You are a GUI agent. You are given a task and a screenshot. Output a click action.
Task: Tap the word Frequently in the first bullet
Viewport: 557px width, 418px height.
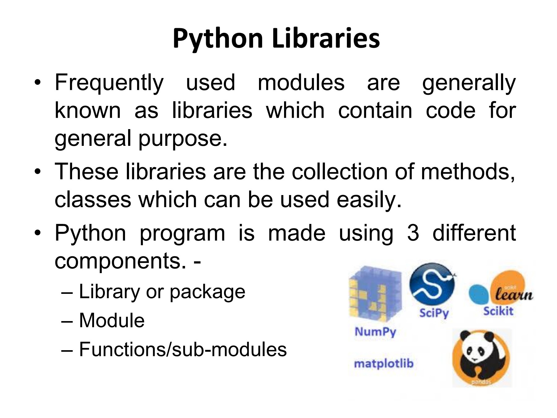point(109,83)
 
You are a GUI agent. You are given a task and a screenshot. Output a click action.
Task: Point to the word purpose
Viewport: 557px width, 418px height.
point(183,139)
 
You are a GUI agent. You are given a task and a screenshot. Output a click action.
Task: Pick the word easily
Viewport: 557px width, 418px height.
point(369,200)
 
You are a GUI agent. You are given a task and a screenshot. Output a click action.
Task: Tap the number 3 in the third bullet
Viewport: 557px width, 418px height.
point(413,233)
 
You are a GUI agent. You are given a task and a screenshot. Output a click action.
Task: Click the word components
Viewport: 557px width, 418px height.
point(120,261)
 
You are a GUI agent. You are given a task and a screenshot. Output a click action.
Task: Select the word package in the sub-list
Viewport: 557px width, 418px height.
point(207,292)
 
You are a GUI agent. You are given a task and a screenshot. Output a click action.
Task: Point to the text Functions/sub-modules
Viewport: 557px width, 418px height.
point(183,349)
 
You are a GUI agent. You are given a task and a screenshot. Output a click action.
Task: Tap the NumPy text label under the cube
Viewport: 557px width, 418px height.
point(375,332)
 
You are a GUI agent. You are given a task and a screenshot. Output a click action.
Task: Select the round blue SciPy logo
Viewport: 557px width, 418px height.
point(432,284)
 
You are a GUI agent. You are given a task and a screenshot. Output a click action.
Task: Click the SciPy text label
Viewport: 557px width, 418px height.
point(434,313)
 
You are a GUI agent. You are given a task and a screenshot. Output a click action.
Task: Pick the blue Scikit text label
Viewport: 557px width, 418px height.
point(498,311)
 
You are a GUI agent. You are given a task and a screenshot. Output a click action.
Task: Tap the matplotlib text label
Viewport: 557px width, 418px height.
point(384,363)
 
